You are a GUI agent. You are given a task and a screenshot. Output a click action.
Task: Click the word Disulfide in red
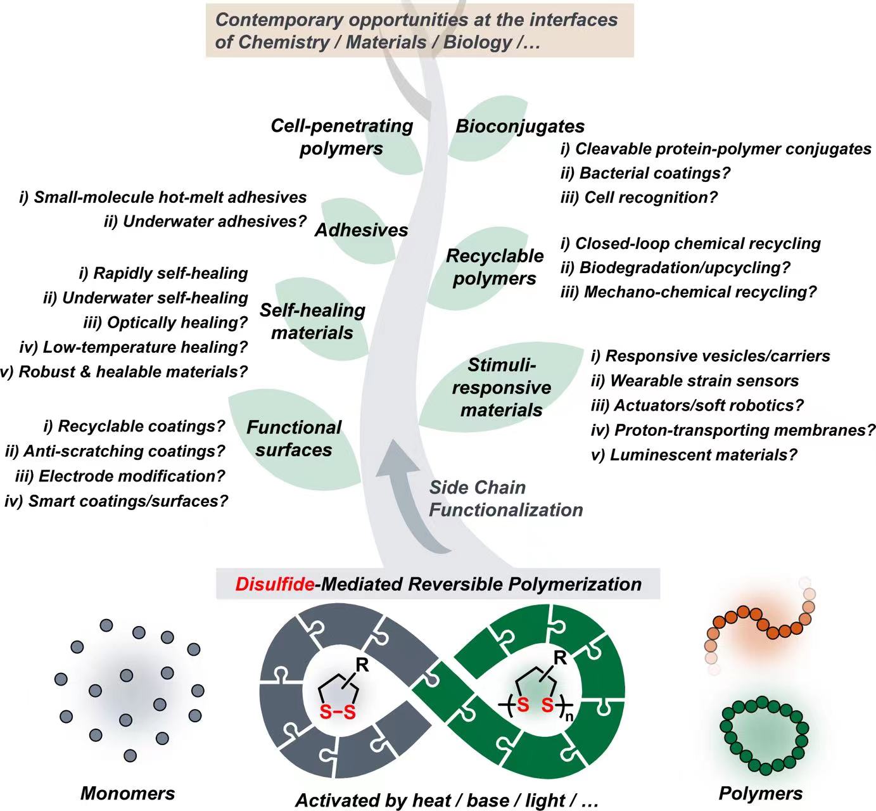click(x=274, y=584)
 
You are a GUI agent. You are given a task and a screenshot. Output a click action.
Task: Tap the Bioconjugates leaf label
click(x=520, y=126)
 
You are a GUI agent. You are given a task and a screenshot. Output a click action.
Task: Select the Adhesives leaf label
click(x=361, y=230)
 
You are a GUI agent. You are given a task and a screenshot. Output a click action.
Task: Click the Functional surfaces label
click(x=294, y=438)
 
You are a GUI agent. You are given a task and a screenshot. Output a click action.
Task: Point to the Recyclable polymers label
click(x=495, y=267)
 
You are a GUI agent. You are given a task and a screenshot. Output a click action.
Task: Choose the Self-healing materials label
click(x=312, y=321)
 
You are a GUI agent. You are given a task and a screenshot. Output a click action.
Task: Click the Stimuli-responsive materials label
click(x=501, y=388)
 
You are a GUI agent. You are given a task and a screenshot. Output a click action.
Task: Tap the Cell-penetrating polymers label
click(x=341, y=137)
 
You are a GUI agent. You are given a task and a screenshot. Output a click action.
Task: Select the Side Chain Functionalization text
click(x=505, y=499)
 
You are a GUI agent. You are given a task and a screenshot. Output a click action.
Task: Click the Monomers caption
click(x=127, y=793)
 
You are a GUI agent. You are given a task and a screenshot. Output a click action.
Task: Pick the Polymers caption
click(x=760, y=793)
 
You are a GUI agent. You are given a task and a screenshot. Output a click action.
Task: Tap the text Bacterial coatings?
click(x=655, y=173)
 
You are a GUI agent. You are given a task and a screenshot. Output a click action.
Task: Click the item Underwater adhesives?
click(x=205, y=221)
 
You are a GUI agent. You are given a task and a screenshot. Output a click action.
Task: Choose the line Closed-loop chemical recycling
click(x=690, y=244)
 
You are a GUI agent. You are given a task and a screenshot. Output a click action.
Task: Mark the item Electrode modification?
click(x=120, y=476)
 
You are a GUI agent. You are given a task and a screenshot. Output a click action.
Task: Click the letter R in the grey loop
click(x=362, y=666)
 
